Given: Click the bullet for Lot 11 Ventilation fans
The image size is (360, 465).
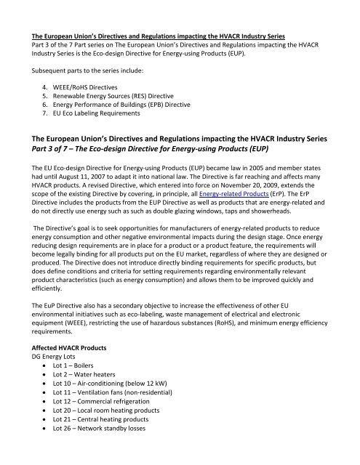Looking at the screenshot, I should pos(116,420).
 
